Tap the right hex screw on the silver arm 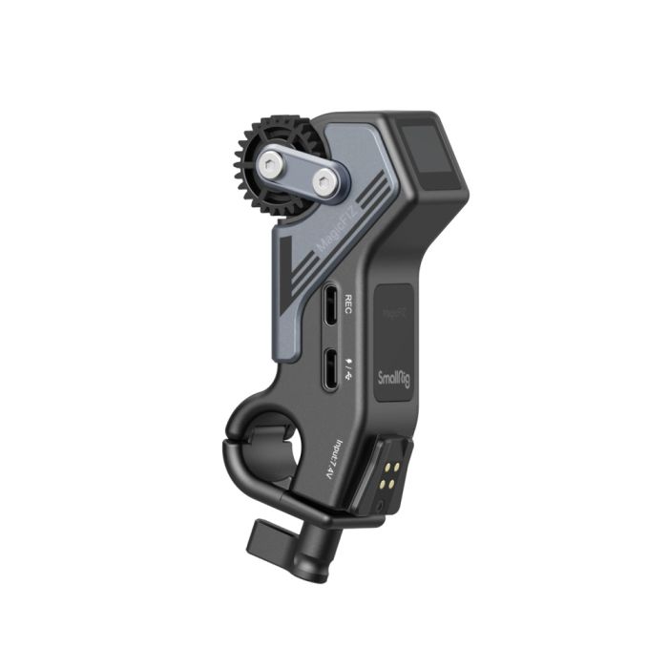[327, 180]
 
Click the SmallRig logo [395, 376]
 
